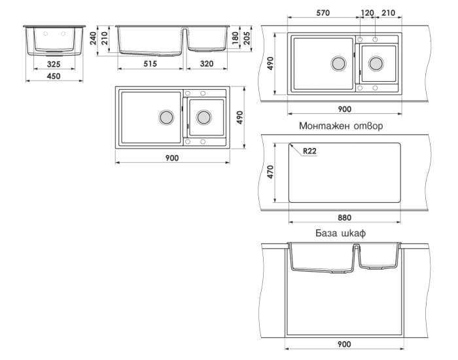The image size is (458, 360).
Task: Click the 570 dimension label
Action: coord(323,13)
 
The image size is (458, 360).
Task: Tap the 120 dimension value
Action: coord(367,13)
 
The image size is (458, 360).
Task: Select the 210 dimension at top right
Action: coord(388,13)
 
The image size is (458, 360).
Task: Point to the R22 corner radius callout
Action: coord(309,151)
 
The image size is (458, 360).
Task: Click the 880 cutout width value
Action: coord(344,218)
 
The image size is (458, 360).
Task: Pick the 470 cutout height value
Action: coord(270,171)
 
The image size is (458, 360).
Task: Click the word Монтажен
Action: coord(325,126)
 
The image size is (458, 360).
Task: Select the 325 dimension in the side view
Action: coord(54,64)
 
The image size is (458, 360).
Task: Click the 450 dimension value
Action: coord(54,77)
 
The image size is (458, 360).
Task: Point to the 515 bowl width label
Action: coord(150,63)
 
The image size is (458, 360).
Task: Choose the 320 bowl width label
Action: coord(207,63)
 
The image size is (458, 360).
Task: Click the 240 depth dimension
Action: coord(93,38)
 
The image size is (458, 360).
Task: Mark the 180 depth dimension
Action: coord(235,38)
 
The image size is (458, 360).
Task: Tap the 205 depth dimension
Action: coord(247,38)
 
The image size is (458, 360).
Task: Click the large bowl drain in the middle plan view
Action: coord(166,117)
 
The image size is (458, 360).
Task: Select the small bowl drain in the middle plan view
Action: coord(203,117)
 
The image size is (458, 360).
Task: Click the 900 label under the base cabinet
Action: coord(344,344)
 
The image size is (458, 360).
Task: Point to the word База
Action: coord(326,233)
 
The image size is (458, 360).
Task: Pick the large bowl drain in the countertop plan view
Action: coord(338,63)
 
